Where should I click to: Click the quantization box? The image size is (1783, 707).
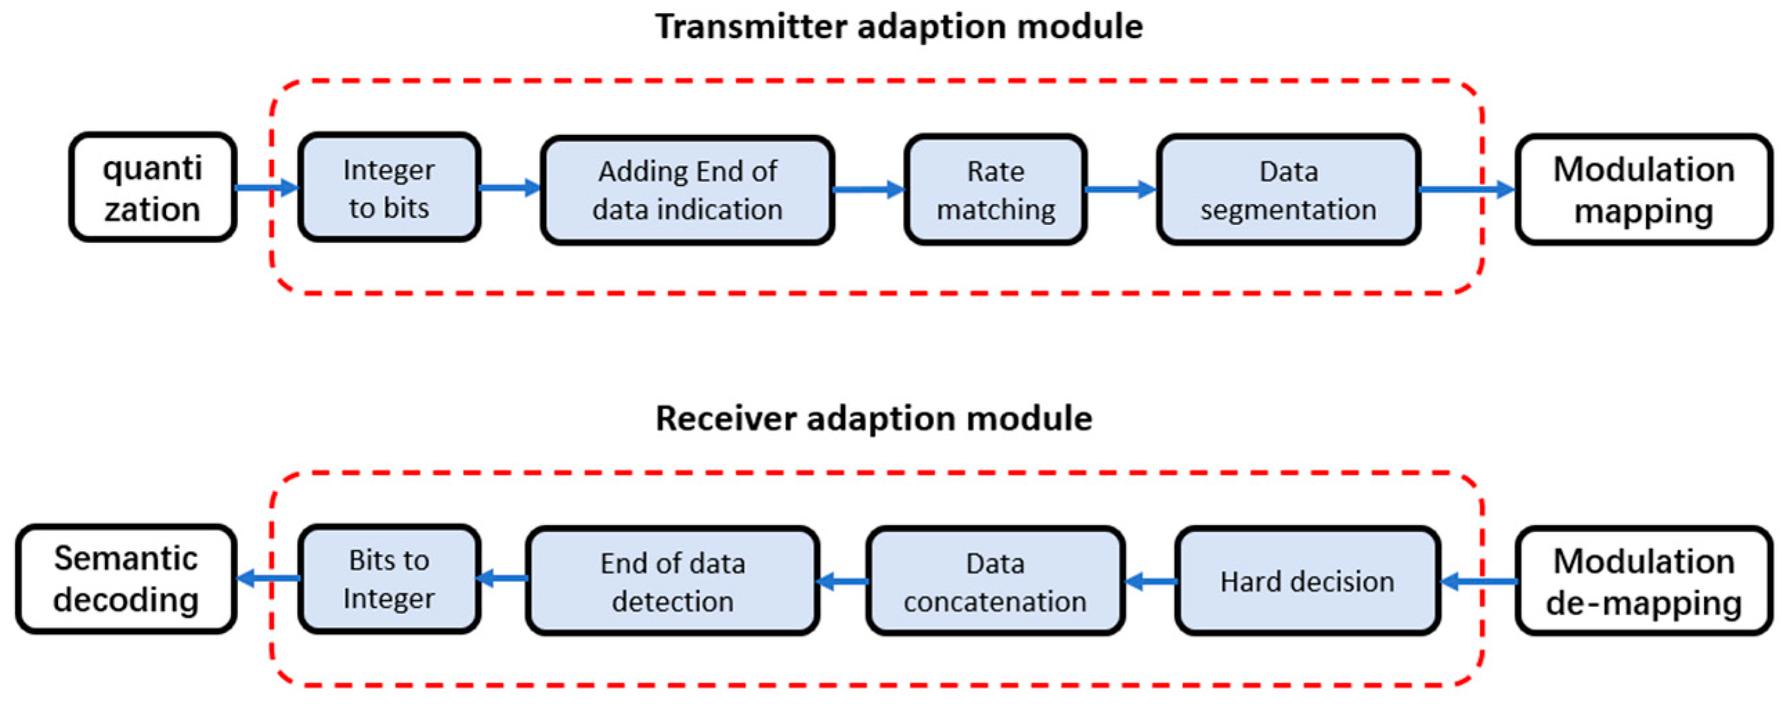point(152,187)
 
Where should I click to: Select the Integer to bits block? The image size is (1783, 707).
point(389,188)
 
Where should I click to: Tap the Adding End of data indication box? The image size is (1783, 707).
point(687,190)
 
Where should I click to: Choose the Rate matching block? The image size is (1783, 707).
point(996,190)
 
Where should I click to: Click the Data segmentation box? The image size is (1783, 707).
point(1288,190)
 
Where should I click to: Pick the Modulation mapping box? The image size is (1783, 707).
point(1643,190)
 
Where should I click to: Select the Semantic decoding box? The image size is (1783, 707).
point(126,579)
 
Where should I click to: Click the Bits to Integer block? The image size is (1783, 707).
point(389,579)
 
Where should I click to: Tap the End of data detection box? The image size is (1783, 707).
point(672,581)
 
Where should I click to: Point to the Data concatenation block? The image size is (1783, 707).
point(995,581)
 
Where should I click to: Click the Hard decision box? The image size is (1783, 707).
point(1307,581)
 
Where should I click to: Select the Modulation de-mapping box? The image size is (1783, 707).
point(1643,581)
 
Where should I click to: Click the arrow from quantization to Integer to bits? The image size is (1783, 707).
point(266,187)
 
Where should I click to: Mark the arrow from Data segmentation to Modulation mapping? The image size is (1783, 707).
point(1466,189)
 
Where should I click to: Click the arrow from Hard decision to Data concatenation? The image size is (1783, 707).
point(1150,581)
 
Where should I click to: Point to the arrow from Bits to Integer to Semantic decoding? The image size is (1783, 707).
point(268,578)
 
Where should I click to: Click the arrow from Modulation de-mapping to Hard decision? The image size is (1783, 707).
point(1478,581)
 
